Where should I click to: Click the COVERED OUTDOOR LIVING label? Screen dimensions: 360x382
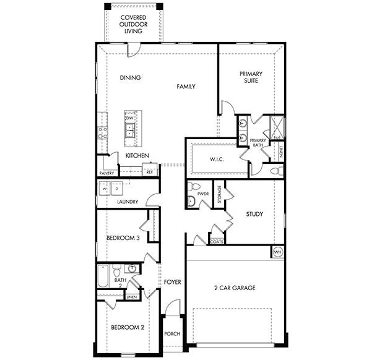pos(134,24)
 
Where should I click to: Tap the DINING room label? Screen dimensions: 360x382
pos(130,78)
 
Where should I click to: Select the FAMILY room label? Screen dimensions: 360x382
pos(186,87)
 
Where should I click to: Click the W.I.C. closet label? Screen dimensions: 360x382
pos(216,159)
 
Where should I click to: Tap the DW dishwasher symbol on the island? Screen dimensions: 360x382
pos(130,118)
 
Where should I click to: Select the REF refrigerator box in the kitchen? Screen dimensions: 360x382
pos(149,171)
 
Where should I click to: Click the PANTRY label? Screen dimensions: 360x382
pos(106,173)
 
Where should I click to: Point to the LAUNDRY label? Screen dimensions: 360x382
pos(127,202)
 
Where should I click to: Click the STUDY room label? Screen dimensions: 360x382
pos(254,214)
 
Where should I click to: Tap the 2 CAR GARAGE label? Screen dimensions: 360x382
pos(235,288)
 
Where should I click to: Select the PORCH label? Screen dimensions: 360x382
pos(172,334)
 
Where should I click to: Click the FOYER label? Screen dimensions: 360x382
pos(173,282)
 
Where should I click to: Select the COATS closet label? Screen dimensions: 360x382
pos(217,242)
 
